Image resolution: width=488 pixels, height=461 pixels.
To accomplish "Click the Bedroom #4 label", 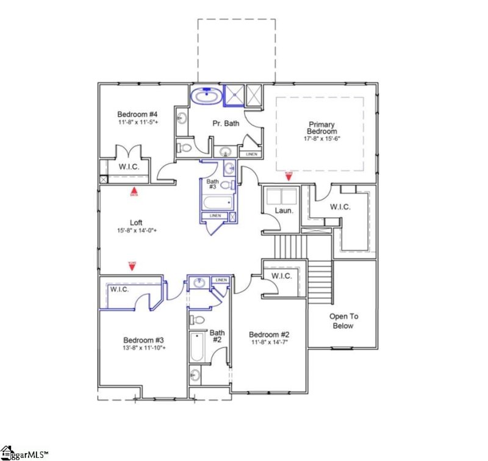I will [138, 114].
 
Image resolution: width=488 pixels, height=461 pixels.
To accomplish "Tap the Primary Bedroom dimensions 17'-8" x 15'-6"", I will [321, 138].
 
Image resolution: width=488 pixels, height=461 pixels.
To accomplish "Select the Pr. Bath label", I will [225, 123].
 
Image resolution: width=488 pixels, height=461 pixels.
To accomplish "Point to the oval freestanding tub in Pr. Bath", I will [207, 96].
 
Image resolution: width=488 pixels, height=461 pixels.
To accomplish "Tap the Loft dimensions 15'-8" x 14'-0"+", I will [137, 230].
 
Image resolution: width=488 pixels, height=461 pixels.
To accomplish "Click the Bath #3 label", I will [212, 184].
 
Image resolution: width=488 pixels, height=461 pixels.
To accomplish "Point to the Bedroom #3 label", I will [143, 340].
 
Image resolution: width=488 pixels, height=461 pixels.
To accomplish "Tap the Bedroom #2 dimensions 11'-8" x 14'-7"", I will [268, 343].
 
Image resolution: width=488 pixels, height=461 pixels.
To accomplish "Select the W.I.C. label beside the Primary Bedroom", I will [340, 207].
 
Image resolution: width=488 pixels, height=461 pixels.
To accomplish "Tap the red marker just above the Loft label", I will [134, 193].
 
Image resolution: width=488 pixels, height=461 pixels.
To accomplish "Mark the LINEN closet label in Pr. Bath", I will [251, 154].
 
